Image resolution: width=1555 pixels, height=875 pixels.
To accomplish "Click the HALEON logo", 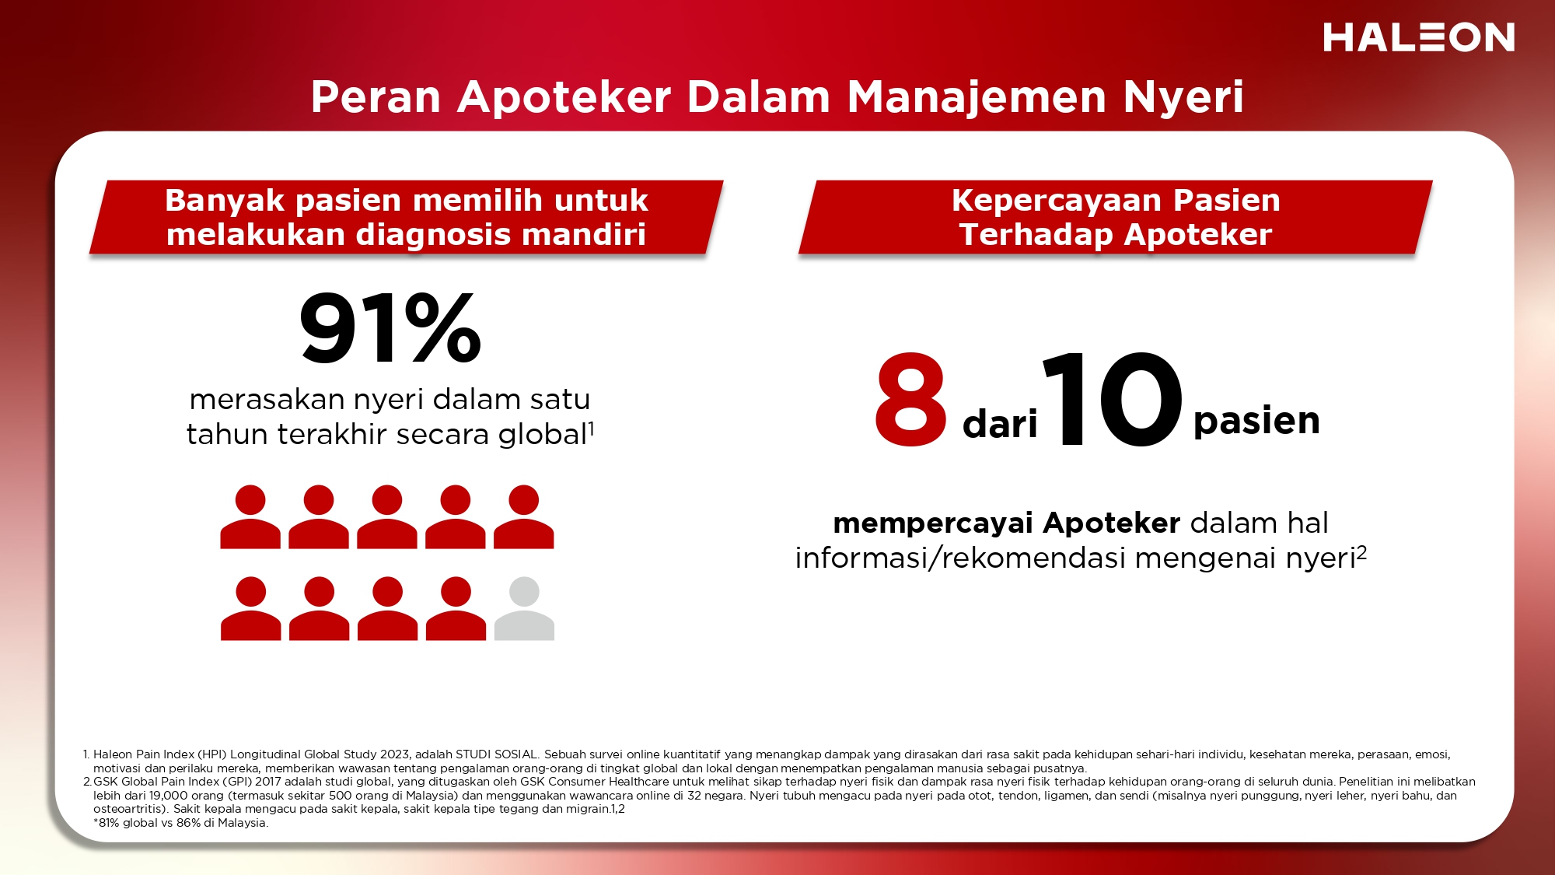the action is click(1419, 37).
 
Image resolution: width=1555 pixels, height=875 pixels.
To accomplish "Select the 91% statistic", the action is click(390, 327).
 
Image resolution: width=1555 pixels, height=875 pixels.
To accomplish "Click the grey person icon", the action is click(524, 608).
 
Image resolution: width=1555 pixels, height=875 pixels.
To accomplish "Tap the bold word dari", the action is click(1000, 425).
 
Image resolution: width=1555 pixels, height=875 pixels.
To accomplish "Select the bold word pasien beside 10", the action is click(1256, 422).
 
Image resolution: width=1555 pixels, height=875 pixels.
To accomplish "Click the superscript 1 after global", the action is click(592, 428).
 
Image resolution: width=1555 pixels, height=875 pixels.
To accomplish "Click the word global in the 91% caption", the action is click(543, 435).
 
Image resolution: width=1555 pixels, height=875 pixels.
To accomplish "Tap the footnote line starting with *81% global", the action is click(180, 823).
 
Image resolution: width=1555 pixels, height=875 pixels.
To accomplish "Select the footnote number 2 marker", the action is click(87, 782).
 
